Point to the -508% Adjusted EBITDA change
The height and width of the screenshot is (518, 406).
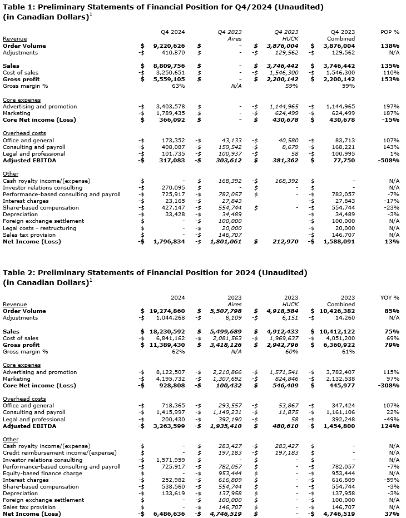pyautogui.click(x=389, y=161)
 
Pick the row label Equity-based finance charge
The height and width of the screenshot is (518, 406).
pyautogui.click(x=42, y=474)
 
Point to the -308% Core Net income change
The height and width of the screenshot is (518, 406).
pyautogui.click(x=389, y=386)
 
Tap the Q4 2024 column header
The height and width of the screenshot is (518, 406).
pyautogui.click(x=173, y=32)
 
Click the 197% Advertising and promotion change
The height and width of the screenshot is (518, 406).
pyautogui.click(x=391, y=107)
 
